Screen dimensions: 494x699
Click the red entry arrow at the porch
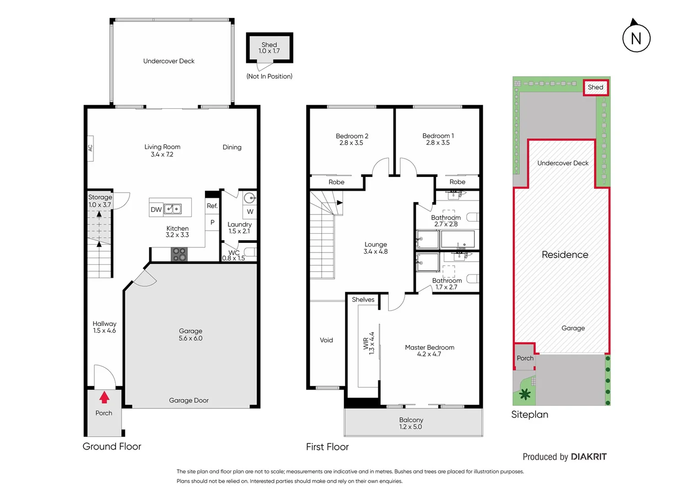104,397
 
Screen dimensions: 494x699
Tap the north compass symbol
636,38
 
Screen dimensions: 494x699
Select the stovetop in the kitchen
179,254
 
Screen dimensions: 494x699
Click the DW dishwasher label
156,209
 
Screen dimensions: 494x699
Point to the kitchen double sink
173,209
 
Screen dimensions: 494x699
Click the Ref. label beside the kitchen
212,206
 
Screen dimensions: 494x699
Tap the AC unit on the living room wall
90,148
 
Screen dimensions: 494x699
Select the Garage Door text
188,400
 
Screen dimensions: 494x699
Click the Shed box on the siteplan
595,87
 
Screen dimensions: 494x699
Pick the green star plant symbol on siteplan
525,394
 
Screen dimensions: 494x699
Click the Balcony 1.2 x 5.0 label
411,423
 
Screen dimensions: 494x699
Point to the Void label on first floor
326,340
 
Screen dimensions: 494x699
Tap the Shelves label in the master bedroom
363,300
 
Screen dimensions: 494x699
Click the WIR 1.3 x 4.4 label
369,343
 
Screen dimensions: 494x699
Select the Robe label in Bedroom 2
336,182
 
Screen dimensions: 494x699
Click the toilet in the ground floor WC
249,252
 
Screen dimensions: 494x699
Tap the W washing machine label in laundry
250,211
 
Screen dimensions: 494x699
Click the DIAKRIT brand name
588,456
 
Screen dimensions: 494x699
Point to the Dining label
232,147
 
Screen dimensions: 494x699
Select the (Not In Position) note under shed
269,76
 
